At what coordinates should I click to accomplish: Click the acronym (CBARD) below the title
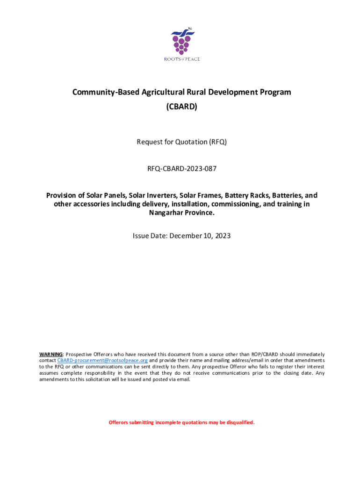[x=181, y=107]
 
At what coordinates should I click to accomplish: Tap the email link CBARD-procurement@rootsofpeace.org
[x=102, y=361]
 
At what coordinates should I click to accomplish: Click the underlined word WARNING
[x=50, y=355]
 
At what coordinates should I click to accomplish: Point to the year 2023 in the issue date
[x=222, y=236]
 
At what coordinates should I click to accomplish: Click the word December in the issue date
[x=186, y=236]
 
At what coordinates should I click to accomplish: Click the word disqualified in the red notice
[x=241, y=423]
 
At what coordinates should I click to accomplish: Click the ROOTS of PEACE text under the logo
[x=181, y=59]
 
